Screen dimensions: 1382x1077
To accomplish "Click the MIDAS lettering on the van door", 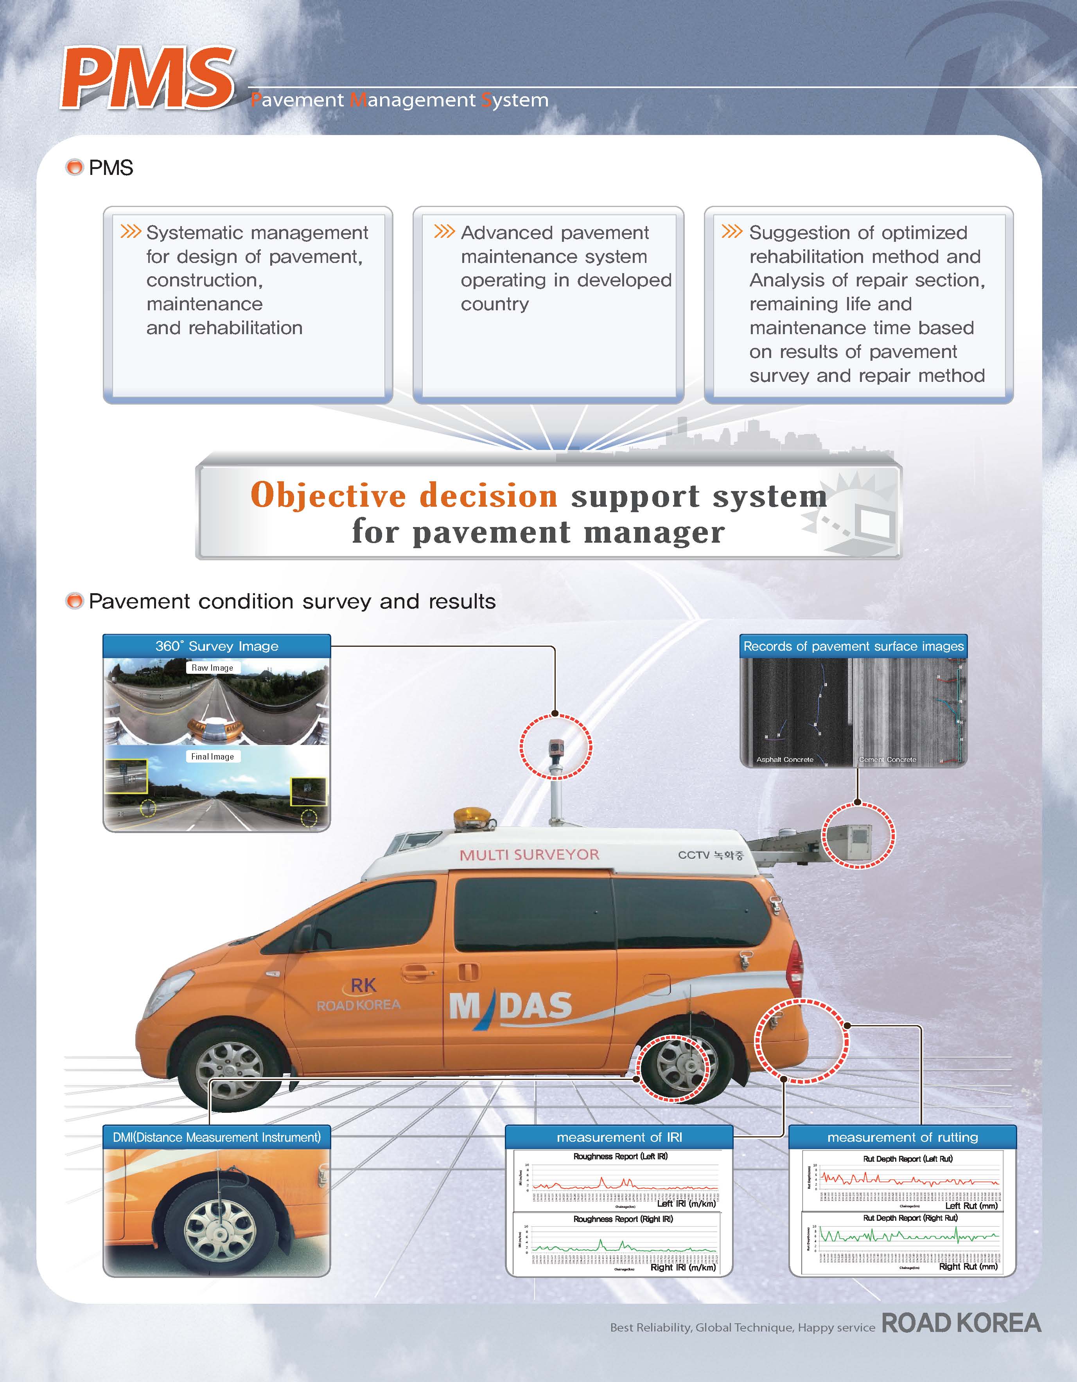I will click(x=510, y=1006).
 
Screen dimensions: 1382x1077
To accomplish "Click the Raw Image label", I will click(x=212, y=668).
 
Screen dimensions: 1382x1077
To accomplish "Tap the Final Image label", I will click(x=212, y=756).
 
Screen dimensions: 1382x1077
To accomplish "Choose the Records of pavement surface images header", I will click(x=853, y=646).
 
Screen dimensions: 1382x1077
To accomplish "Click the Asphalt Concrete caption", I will click(x=785, y=759).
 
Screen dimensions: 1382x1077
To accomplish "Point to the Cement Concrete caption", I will click(x=887, y=759).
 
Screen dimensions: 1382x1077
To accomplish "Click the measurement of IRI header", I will click(x=619, y=1137).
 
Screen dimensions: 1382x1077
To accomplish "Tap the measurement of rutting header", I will click(x=903, y=1137).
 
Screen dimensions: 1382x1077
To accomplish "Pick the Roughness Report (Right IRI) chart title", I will click(x=623, y=1219).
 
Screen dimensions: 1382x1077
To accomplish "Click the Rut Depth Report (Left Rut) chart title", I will click(x=908, y=1159).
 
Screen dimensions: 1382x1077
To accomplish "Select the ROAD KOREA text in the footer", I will click(x=960, y=1323).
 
